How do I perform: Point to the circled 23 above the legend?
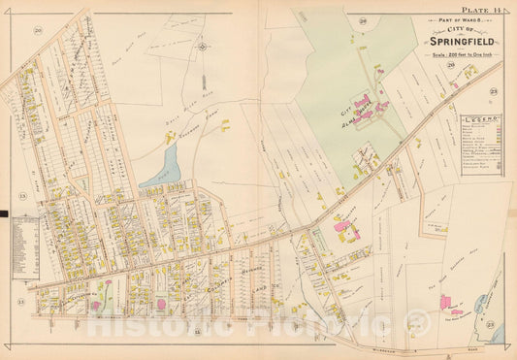click(x=494, y=91)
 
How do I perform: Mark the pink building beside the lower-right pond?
click(x=456, y=311)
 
